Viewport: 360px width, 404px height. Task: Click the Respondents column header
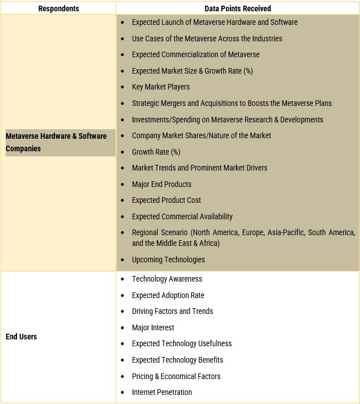58,8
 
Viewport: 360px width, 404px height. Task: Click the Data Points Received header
238,8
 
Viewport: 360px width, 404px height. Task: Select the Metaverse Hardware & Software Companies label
56,142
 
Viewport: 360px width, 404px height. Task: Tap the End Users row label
21,337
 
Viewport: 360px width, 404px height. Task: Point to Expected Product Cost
166,200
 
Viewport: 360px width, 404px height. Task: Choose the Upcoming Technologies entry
168,260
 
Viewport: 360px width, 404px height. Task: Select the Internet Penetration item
162,392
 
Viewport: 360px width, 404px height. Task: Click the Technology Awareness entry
167,279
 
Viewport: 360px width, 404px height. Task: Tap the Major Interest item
153,328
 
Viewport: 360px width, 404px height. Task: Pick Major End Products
161,184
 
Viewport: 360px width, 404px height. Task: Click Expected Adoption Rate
168,295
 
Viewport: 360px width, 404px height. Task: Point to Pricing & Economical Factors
176,376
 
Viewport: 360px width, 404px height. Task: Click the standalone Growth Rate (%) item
156,152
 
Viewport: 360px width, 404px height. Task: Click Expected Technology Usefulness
182,343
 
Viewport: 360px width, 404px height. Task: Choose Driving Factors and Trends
173,311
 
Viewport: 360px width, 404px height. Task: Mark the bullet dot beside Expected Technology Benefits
123,360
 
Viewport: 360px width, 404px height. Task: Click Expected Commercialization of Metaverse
196,54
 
